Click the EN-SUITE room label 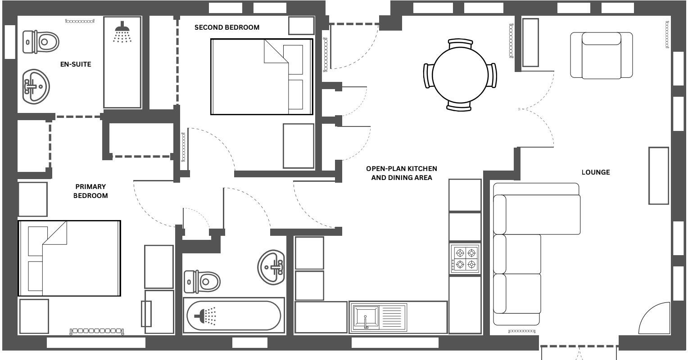(76, 64)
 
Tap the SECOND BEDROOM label (227, 27)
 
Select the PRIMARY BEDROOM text (91, 191)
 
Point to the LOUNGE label (595, 172)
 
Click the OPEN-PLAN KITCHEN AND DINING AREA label (401, 173)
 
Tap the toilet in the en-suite (41, 43)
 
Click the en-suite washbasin (36, 85)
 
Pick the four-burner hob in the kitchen (465, 259)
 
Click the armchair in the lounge (601, 55)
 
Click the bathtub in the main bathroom (234, 316)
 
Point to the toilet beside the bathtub (202, 282)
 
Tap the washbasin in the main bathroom (272, 267)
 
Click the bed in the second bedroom (262, 76)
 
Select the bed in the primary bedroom (69, 258)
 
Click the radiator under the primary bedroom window (96, 331)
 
